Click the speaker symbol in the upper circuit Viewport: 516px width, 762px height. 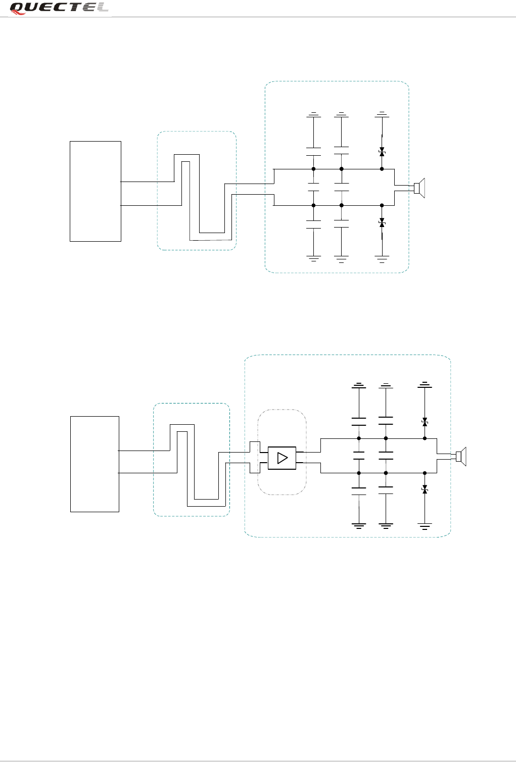[419, 188]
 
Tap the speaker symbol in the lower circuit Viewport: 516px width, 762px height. [461, 457]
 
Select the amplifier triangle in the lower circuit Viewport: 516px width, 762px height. [283, 458]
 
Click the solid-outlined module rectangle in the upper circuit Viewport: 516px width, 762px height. [96, 191]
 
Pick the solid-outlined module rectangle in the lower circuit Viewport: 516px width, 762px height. [95, 464]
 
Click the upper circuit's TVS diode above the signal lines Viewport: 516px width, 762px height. [382, 152]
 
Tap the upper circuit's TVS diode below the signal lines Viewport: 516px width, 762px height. [382, 223]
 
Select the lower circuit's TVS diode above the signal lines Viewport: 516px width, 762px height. [425, 422]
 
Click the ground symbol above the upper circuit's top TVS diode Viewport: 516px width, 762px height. [382, 114]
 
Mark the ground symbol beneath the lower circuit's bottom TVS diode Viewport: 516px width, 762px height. [425, 526]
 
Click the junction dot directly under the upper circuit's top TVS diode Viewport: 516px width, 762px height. [382, 169]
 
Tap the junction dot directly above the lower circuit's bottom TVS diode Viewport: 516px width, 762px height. [425, 473]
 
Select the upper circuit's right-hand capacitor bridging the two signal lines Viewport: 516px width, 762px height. [342, 187]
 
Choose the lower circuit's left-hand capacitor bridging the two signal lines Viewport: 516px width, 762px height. [359, 456]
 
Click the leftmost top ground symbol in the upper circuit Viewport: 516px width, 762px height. [314, 114]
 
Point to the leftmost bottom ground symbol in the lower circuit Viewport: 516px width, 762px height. [359, 526]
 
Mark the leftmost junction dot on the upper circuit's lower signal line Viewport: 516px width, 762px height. [314, 205]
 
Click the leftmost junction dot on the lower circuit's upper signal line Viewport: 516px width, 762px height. [359, 438]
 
